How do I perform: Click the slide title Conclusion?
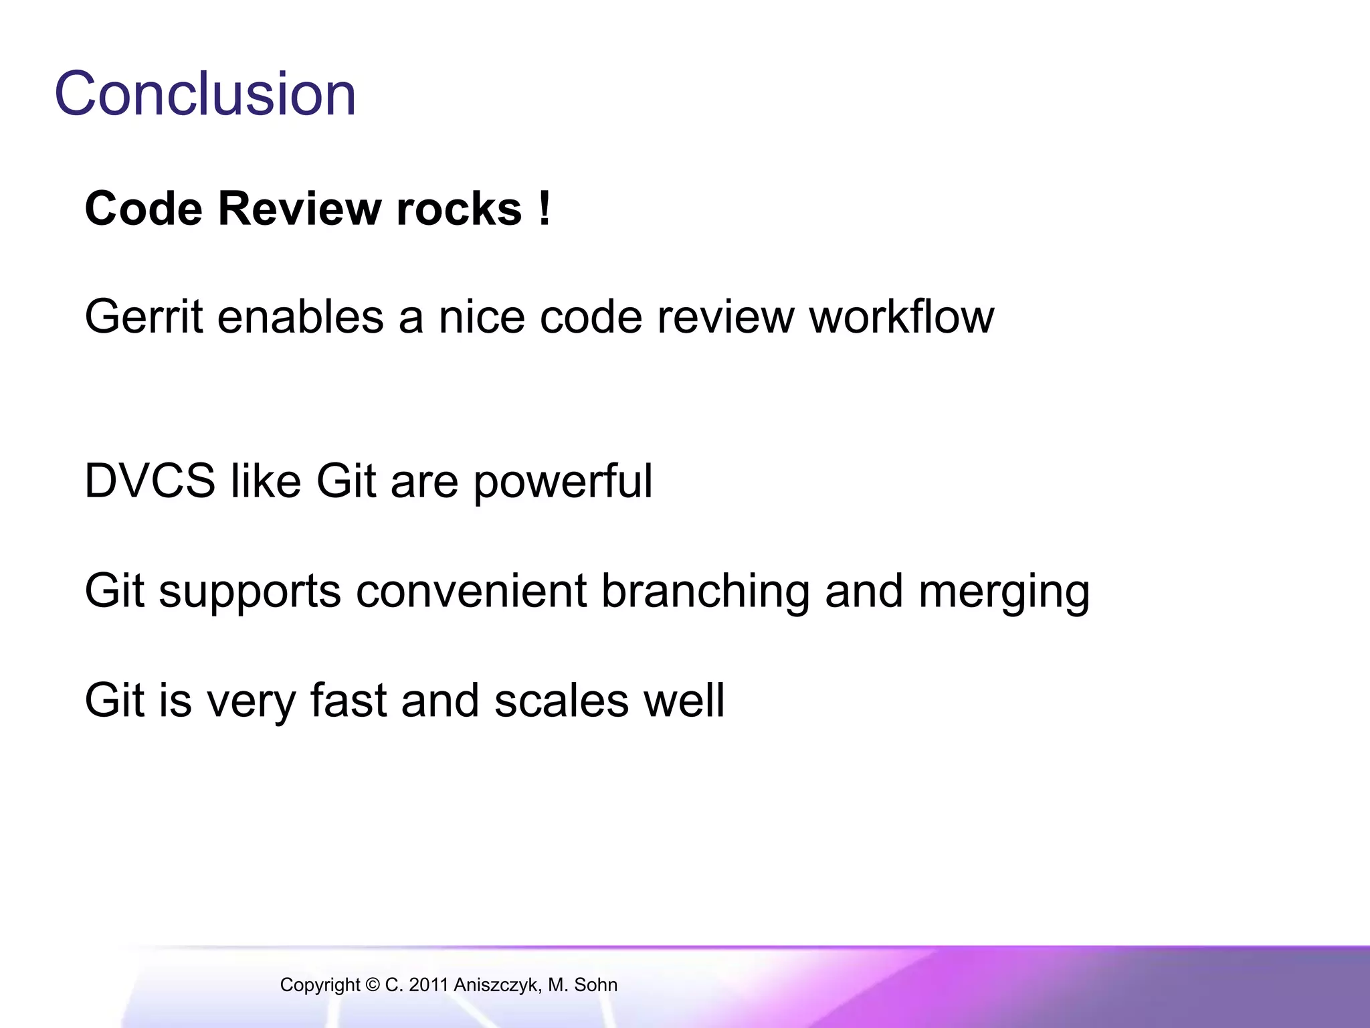pyautogui.click(x=205, y=94)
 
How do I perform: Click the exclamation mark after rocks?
pyautogui.click(x=545, y=209)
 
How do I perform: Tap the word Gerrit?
pyautogui.click(x=143, y=316)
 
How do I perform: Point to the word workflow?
pyautogui.click(x=902, y=316)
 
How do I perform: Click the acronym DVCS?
pyautogui.click(x=150, y=481)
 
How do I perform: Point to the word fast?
pyautogui.click(x=349, y=700)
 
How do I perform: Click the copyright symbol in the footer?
pyautogui.click(x=373, y=984)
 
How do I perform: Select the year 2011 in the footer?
pyautogui.click(x=428, y=984)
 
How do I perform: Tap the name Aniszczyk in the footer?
pyautogui.click(x=496, y=985)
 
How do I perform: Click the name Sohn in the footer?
pyautogui.click(x=595, y=984)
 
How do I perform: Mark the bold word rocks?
pyautogui.click(x=459, y=209)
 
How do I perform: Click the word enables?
pyautogui.click(x=300, y=316)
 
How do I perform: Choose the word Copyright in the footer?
pyautogui.click(x=320, y=985)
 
